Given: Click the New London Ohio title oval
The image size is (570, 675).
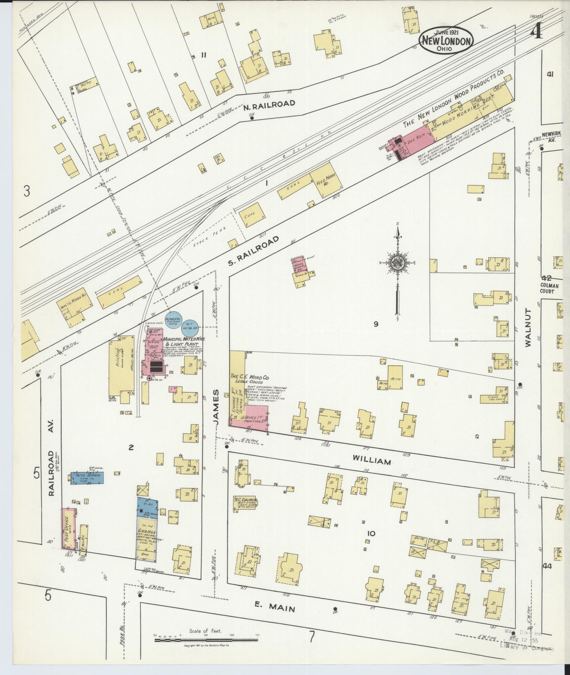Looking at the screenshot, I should (x=446, y=41).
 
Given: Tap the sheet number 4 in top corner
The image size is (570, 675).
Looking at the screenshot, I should (x=536, y=33).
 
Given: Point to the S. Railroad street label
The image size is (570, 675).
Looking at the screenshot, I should (x=254, y=250).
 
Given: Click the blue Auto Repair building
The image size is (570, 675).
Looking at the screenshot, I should (x=87, y=478).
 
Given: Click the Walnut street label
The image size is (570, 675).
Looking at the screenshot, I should (x=528, y=328).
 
